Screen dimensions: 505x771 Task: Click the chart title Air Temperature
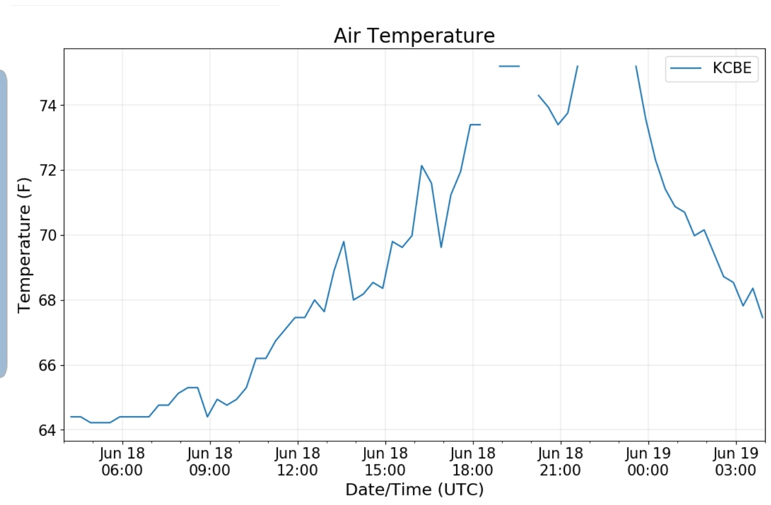(x=414, y=36)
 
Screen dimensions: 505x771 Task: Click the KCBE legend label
(x=731, y=68)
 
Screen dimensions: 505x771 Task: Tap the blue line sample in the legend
(x=686, y=69)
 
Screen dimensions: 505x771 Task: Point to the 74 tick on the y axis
(x=48, y=105)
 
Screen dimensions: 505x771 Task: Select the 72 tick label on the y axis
(x=48, y=170)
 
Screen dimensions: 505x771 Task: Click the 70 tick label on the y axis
(x=48, y=236)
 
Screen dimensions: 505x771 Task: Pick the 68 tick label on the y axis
(x=48, y=300)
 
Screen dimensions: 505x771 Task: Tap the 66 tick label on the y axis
(x=48, y=366)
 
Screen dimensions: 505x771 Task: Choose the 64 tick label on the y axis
(x=48, y=431)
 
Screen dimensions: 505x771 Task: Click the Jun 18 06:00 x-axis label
(x=122, y=462)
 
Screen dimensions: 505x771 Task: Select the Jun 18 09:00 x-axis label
(x=210, y=462)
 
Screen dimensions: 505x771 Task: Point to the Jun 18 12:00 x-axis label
(x=298, y=462)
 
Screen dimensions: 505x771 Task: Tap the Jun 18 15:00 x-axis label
(x=385, y=462)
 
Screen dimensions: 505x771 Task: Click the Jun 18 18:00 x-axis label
(x=473, y=462)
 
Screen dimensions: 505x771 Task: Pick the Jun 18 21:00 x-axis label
(x=561, y=462)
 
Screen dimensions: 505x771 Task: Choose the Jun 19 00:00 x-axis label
(x=648, y=462)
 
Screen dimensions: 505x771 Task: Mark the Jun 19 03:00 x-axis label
(x=736, y=462)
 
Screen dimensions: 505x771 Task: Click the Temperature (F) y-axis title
(x=25, y=245)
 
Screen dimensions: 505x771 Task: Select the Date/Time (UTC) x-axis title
(x=414, y=489)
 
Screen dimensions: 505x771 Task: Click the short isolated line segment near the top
(x=509, y=66)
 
